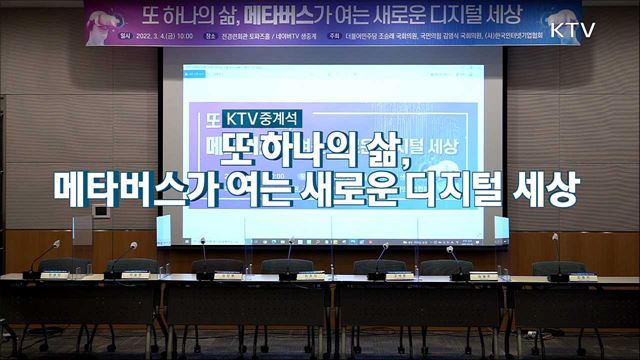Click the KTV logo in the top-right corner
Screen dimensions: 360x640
coord(572,29)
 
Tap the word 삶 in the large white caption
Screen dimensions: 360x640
coord(399,148)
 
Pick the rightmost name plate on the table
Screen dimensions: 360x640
coord(583,277)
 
